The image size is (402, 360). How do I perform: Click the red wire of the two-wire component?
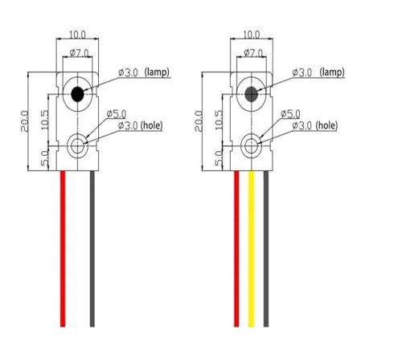coord(63,248)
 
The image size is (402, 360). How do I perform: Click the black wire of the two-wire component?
coord(92,248)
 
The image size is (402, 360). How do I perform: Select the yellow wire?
coord(251,248)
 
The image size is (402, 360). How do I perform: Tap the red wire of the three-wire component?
coord(236,248)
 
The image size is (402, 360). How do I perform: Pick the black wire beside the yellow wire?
coord(266,248)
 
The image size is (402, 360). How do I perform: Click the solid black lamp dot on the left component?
coord(77,94)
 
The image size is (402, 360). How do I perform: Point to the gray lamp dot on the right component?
coord(252,94)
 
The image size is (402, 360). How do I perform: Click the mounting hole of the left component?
coord(77,146)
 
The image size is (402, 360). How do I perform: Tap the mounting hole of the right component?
coord(252,146)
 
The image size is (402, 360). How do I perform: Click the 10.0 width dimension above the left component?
coord(77,35)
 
